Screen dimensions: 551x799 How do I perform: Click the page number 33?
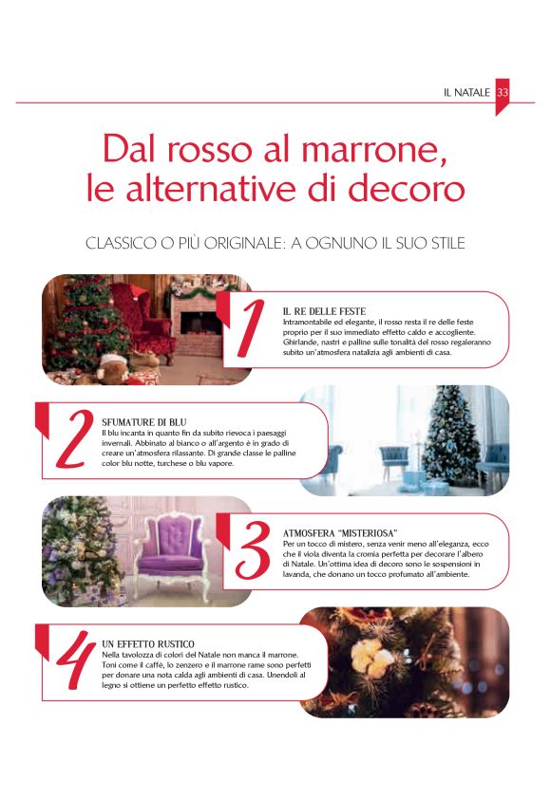coord(503,92)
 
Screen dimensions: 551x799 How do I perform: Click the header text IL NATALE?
coord(466,92)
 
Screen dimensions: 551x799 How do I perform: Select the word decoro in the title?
coord(407,189)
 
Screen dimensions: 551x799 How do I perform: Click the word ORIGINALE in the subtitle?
coord(243,243)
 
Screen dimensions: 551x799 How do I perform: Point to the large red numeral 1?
coord(250,327)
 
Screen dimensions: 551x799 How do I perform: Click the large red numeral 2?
coord(74,439)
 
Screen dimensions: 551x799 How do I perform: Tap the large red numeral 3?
coord(253,549)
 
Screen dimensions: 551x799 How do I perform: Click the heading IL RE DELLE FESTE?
coord(325,311)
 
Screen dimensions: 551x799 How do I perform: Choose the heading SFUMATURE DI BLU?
coord(143,422)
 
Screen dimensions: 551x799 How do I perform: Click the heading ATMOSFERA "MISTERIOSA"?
coord(340,533)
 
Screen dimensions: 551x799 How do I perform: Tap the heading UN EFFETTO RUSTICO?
coord(148,643)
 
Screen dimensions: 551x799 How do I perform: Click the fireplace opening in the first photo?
coord(201,323)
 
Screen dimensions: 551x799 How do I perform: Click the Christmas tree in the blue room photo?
coord(450,435)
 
